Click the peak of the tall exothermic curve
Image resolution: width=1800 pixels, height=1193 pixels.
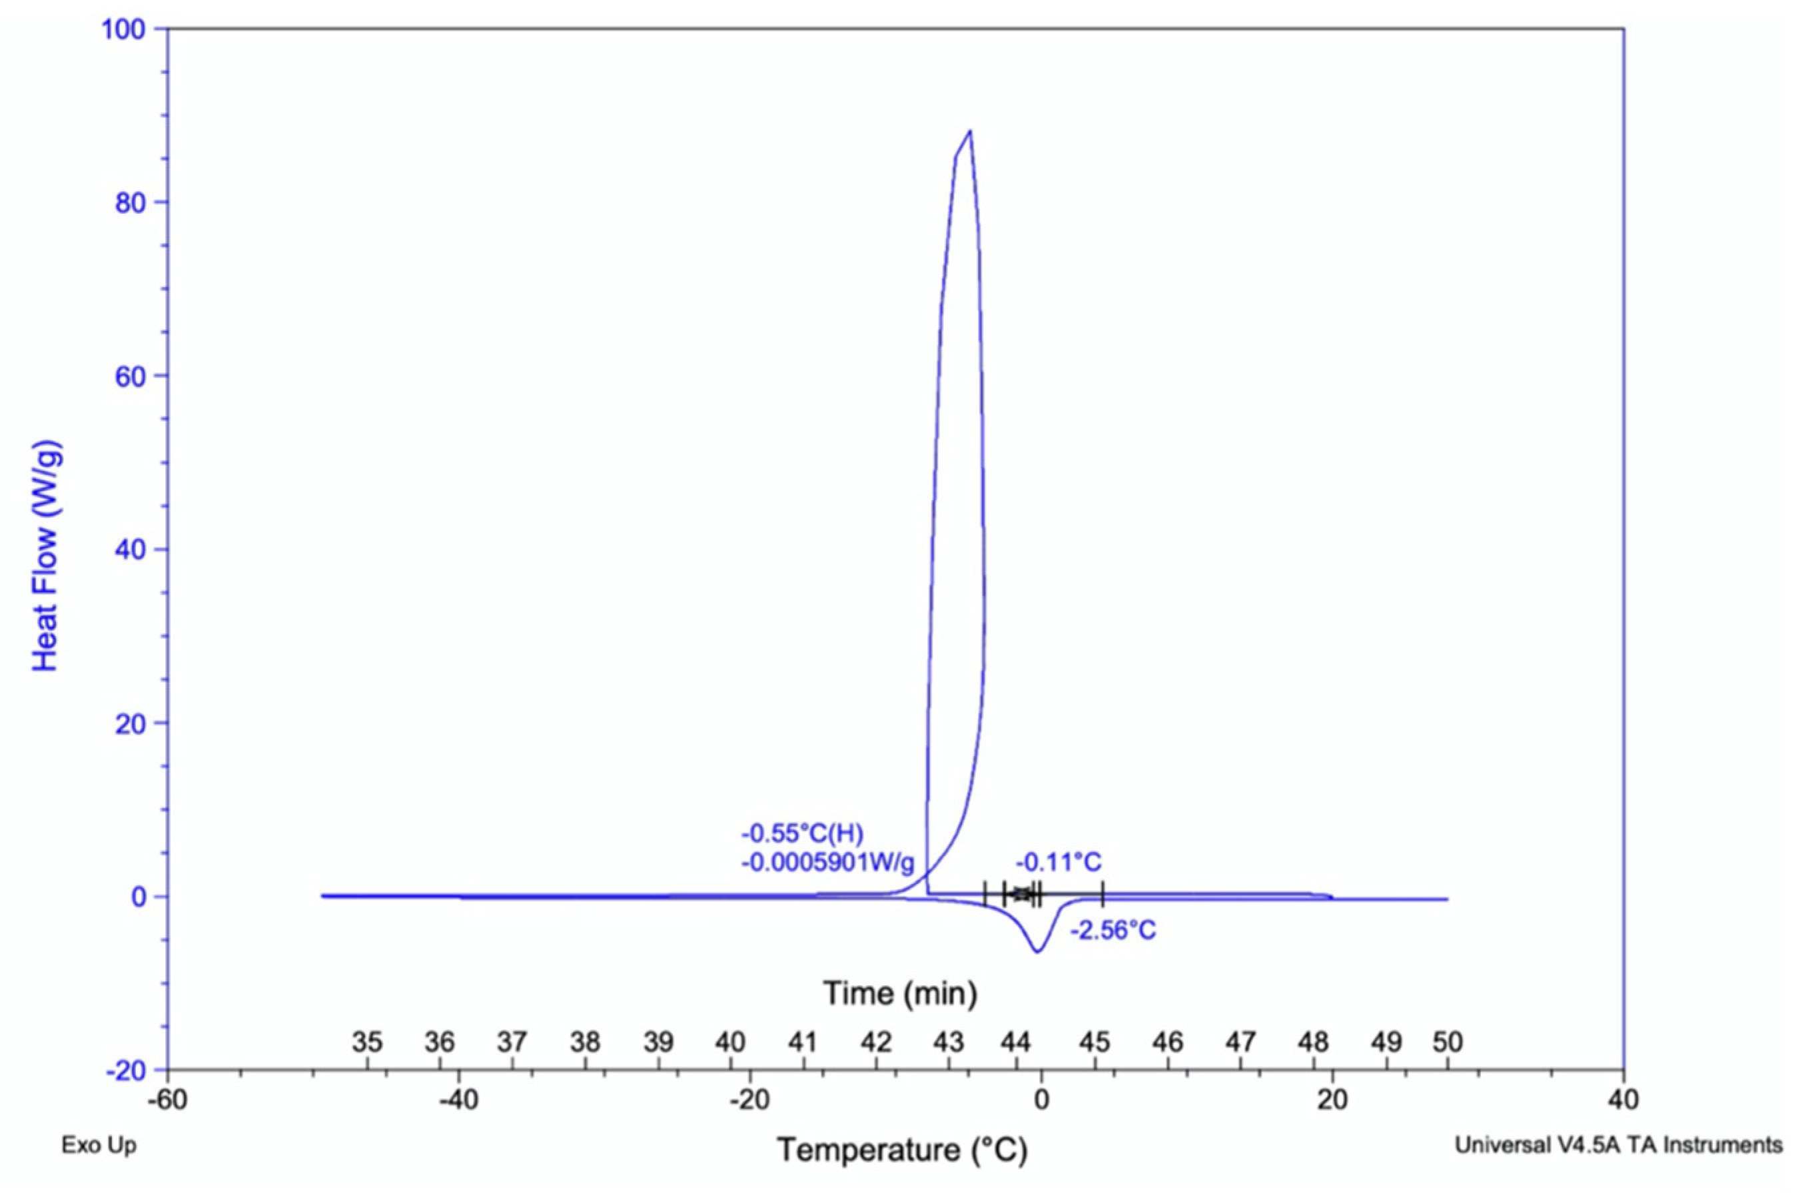(x=970, y=132)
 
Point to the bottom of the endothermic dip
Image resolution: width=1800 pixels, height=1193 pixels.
(x=1039, y=952)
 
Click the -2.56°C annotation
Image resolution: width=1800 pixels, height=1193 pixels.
(x=1113, y=930)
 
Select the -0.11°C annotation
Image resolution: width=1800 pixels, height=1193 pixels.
(x=1059, y=862)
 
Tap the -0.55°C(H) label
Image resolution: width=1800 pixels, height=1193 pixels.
(x=803, y=834)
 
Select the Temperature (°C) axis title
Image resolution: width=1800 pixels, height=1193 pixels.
(x=901, y=1150)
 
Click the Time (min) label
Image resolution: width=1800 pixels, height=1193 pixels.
(x=900, y=993)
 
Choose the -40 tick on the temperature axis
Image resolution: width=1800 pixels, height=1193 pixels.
(x=459, y=1100)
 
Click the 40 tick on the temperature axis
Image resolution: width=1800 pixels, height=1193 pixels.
(x=1623, y=1100)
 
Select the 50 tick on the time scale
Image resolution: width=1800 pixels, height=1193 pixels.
(x=1447, y=1042)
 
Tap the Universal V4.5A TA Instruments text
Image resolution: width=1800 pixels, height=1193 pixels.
(x=1618, y=1145)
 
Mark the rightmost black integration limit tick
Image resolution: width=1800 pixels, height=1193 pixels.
(x=1103, y=895)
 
